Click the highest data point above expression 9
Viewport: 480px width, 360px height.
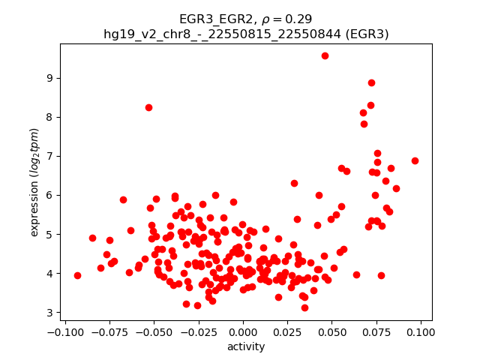(x=325, y=55)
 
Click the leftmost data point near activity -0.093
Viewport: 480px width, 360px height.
(x=77, y=275)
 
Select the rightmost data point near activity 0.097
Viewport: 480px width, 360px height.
(x=415, y=160)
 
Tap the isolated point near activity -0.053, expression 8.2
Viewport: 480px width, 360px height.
(x=148, y=107)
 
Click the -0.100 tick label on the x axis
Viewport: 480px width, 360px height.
(x=65, y=331)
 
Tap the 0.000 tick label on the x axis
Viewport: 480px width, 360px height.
(x=243, y=331)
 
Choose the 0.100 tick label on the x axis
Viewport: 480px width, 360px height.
(x=420, y=331)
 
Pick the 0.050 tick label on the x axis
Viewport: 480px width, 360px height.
(x=331, y=331)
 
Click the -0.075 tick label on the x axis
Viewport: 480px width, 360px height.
(x=109, y=331)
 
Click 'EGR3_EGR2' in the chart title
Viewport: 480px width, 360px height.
(x=211, y=19)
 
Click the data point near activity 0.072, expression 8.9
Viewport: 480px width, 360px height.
(x=371, y=83)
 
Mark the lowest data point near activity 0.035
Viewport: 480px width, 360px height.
(x=304, y=307)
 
